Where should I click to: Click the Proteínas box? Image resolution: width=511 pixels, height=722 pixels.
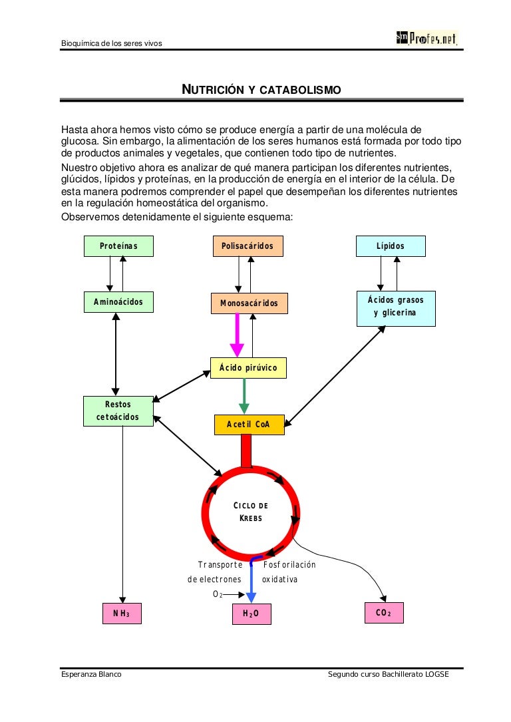click(x=118, y=246)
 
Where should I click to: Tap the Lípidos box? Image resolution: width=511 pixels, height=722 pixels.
click(x=390, y=246)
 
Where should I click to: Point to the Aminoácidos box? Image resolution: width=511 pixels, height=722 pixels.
click(x=118, y=302)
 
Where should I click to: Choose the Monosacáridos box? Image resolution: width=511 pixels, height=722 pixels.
click(x=249, y=303)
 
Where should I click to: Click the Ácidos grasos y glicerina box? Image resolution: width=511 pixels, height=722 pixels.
click(x=396, y=307)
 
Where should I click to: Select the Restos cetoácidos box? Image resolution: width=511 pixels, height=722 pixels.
click(x=118, y=411)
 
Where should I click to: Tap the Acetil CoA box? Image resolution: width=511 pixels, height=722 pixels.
click(x=249, y=425)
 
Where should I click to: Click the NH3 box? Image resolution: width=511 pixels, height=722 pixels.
click(x=122, y=614)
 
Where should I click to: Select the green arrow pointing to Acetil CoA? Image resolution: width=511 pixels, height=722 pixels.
click(x=244, y=396)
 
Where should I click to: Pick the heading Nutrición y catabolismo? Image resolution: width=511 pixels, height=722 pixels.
click(x=261, y=89)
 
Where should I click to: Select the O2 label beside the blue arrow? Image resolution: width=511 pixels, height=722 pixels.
click(x=217, y=594)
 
